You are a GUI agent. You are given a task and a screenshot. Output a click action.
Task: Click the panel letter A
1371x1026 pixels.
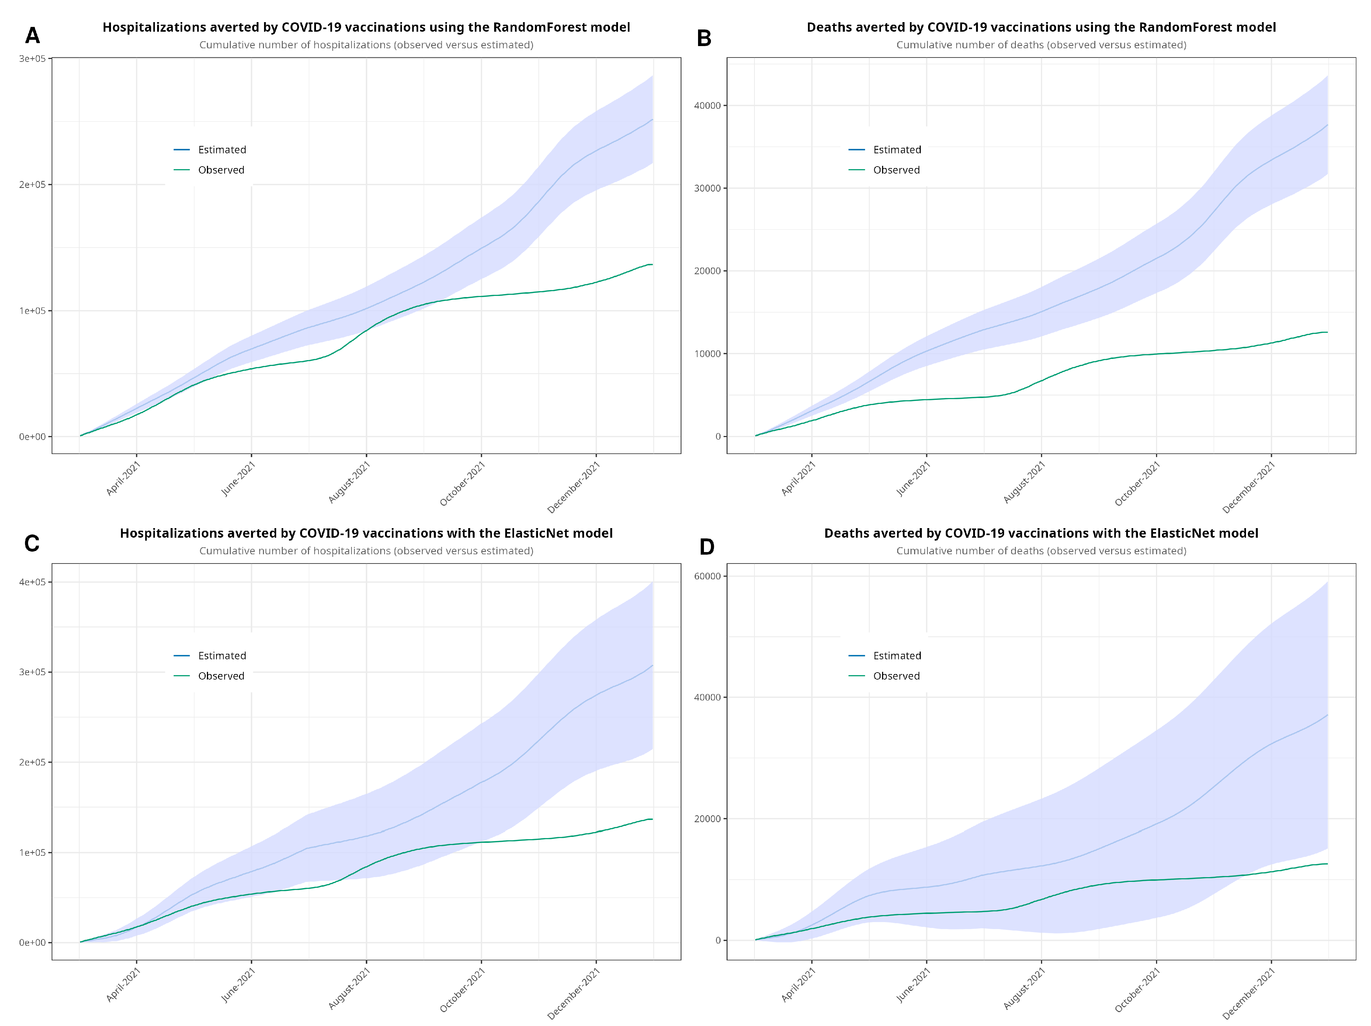[x=32, y=36]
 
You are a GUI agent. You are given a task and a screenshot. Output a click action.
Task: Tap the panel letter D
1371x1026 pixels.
[x=707, y=547]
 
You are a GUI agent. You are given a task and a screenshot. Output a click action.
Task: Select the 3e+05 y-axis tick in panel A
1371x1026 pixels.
[x=32, y=59]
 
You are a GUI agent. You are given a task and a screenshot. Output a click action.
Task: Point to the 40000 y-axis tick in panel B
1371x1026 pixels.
[x=707, y=105]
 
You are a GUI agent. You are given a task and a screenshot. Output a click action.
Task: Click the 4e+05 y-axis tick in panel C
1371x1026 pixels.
[x=32, y=582]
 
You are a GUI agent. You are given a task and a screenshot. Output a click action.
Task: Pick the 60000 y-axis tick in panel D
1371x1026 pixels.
[x=707, y=576]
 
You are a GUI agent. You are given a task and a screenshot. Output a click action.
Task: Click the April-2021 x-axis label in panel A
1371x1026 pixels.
[x=123, y=479]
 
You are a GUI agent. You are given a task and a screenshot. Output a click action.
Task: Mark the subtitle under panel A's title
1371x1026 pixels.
[x=366, y=45]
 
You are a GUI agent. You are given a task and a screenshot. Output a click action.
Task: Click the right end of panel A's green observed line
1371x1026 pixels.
[x=652, y=265]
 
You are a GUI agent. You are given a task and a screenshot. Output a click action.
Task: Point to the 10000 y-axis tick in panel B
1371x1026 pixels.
[x=707, y=354]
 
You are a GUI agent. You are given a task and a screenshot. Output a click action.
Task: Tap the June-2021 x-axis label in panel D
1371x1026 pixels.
[x=913, y=986]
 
